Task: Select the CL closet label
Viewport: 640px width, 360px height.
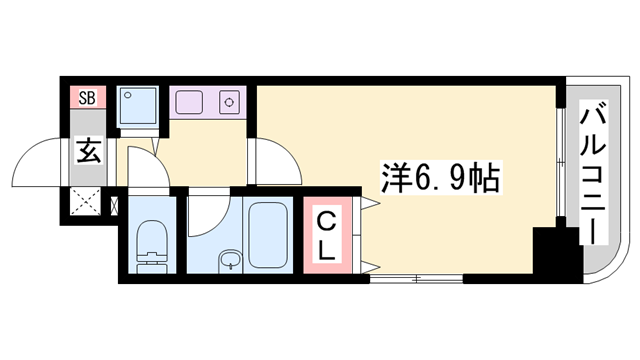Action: pyautogui.click(x=328, y=235)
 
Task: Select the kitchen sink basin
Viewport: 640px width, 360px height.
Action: pyautogui.click(x=189, y=102)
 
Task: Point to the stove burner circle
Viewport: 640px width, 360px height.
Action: pyautogui.click(x=229, y=102)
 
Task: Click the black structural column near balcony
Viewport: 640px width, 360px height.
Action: pyautogui.click(x=555, y=255)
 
